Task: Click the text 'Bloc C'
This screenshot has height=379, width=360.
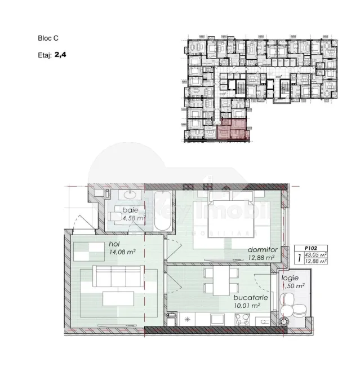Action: pyautogui.click(x=47, y=38)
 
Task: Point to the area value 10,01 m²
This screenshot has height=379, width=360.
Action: pyautogui.click(x=247, y=305)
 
